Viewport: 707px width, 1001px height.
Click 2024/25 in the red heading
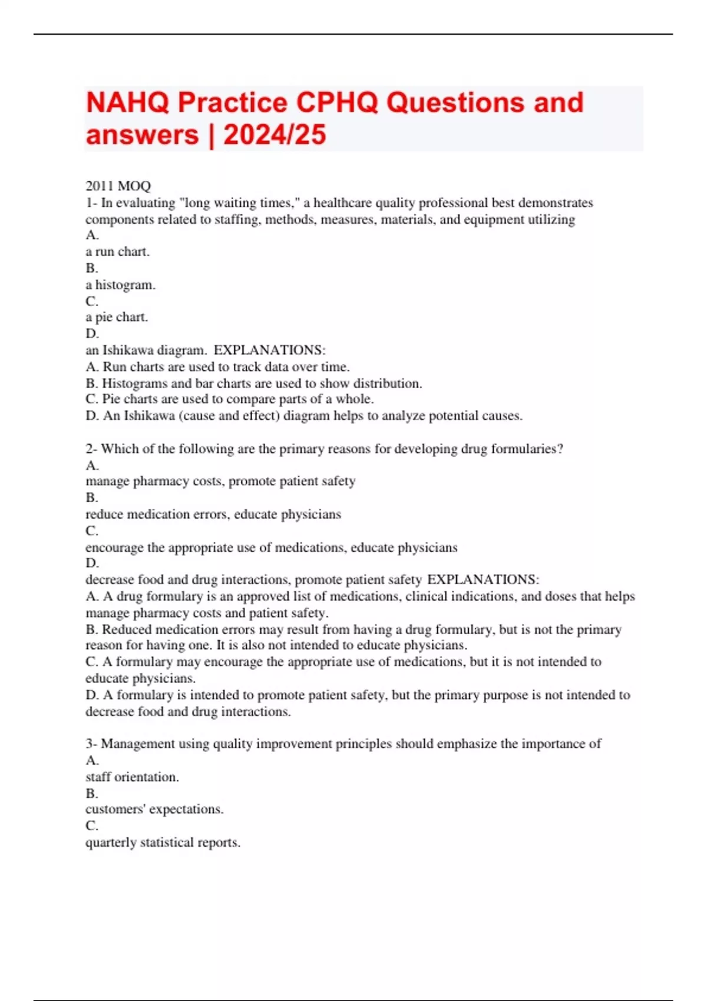point(275,135)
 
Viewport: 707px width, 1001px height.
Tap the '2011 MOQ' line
point(118,186)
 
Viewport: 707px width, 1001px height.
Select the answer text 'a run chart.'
point(118,251)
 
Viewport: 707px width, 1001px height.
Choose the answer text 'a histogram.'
point(121,285)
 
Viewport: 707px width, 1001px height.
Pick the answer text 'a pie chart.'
point(117,317)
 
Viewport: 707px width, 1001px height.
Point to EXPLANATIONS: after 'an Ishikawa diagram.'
point(269,350)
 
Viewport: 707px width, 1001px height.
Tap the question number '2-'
point(91,449)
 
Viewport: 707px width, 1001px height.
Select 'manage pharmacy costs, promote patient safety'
point(220,481)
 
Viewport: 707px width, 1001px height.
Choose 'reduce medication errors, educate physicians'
point(213,514)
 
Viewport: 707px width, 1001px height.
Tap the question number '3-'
point(91,744)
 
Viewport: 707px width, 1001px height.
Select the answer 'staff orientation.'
point(132,777)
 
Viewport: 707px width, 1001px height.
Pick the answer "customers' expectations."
point(154,809)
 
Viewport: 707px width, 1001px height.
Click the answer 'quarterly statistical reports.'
point(163,843)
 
